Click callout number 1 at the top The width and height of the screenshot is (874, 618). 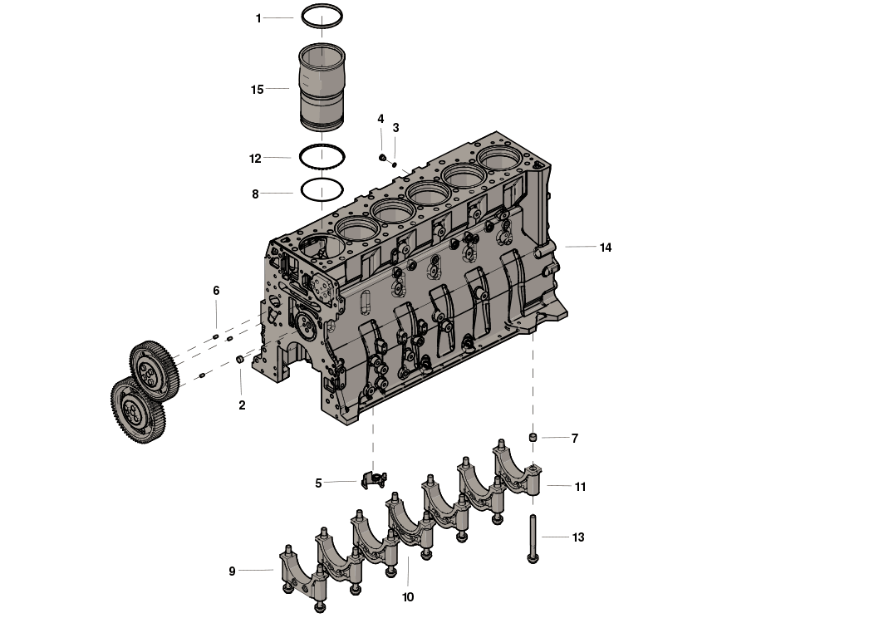pos(258,17)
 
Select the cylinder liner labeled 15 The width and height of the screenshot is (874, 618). pos(322,87)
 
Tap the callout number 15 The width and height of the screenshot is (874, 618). pos(257,89)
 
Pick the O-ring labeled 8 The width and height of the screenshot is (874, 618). pos(322,200)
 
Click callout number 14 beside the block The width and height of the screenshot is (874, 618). pos(606,248)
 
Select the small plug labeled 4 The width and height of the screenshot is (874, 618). pos(383,158)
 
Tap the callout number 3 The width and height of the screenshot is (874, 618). pos(395,128)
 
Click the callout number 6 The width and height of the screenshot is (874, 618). pos(216,291)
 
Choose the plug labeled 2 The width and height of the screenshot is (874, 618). pos(240,359)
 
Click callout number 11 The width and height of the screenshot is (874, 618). pos(580,487)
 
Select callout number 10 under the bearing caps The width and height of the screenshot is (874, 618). pos(408,596)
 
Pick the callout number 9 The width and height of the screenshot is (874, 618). pos(232,571)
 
